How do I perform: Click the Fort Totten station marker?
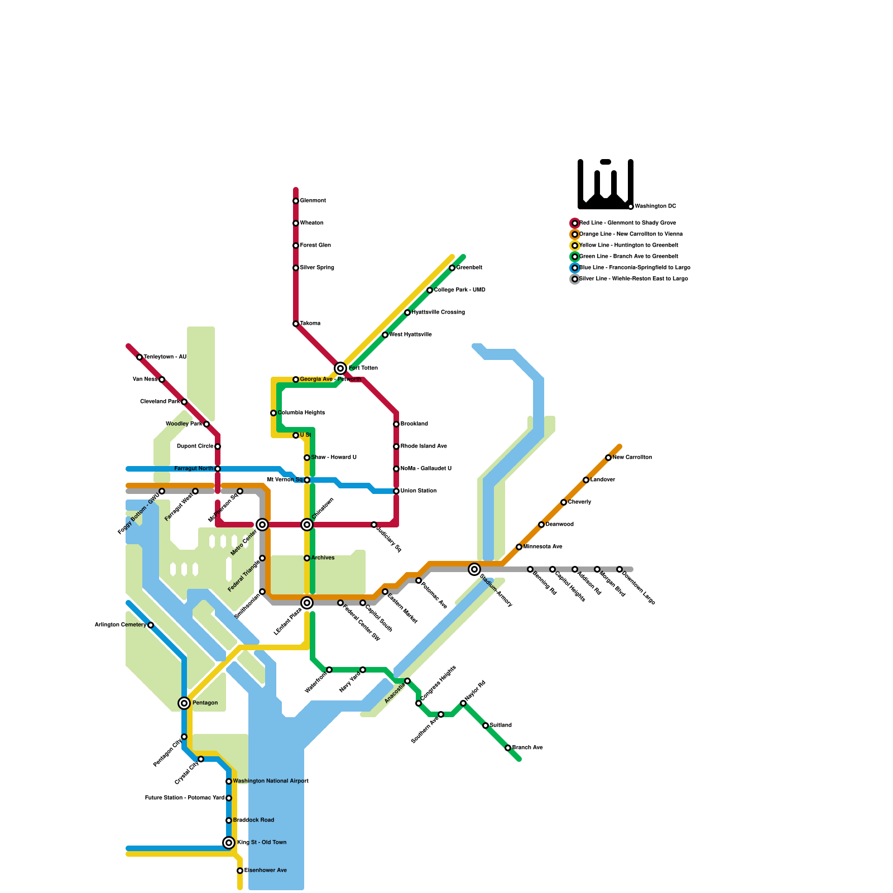coord(340,368)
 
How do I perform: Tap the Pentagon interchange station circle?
coord(184,703)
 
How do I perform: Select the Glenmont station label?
coord(313,201)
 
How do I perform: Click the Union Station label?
coord(419,491)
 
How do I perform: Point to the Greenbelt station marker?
coord(452,268)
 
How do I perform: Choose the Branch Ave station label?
coord(527,748)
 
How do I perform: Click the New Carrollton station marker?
coord(608,458)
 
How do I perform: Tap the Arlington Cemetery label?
coord(120,625)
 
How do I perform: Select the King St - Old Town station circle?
coord(229,843)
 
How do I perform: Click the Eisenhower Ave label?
coord(266,871)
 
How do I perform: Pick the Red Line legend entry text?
coord(628,223)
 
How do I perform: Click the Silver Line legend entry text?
coord(633,279)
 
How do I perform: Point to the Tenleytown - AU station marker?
coord(140,357)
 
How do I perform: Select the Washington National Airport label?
coord(271,781)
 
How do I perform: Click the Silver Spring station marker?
coord(296,268)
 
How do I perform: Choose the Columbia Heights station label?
coord(301,413)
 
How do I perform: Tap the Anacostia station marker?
coord(407,681)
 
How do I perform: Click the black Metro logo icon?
coord(606,184)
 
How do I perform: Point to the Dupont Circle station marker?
coord(218,446)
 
